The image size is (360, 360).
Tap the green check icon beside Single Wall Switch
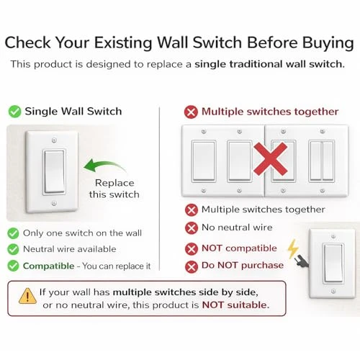coord(14,112)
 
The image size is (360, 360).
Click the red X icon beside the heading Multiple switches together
coord(191,112)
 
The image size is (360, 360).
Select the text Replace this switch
coord(114,189)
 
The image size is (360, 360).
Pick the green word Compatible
coord(50,266)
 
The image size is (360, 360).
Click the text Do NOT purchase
coord(243,266)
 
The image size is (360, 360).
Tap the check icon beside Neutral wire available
coord(14,249)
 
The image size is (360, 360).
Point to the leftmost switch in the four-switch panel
coord(204,161)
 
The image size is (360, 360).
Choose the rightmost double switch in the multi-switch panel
coord(322,161)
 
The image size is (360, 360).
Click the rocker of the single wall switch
coord(55,171)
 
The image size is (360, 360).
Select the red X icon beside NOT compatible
coord(191,248)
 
